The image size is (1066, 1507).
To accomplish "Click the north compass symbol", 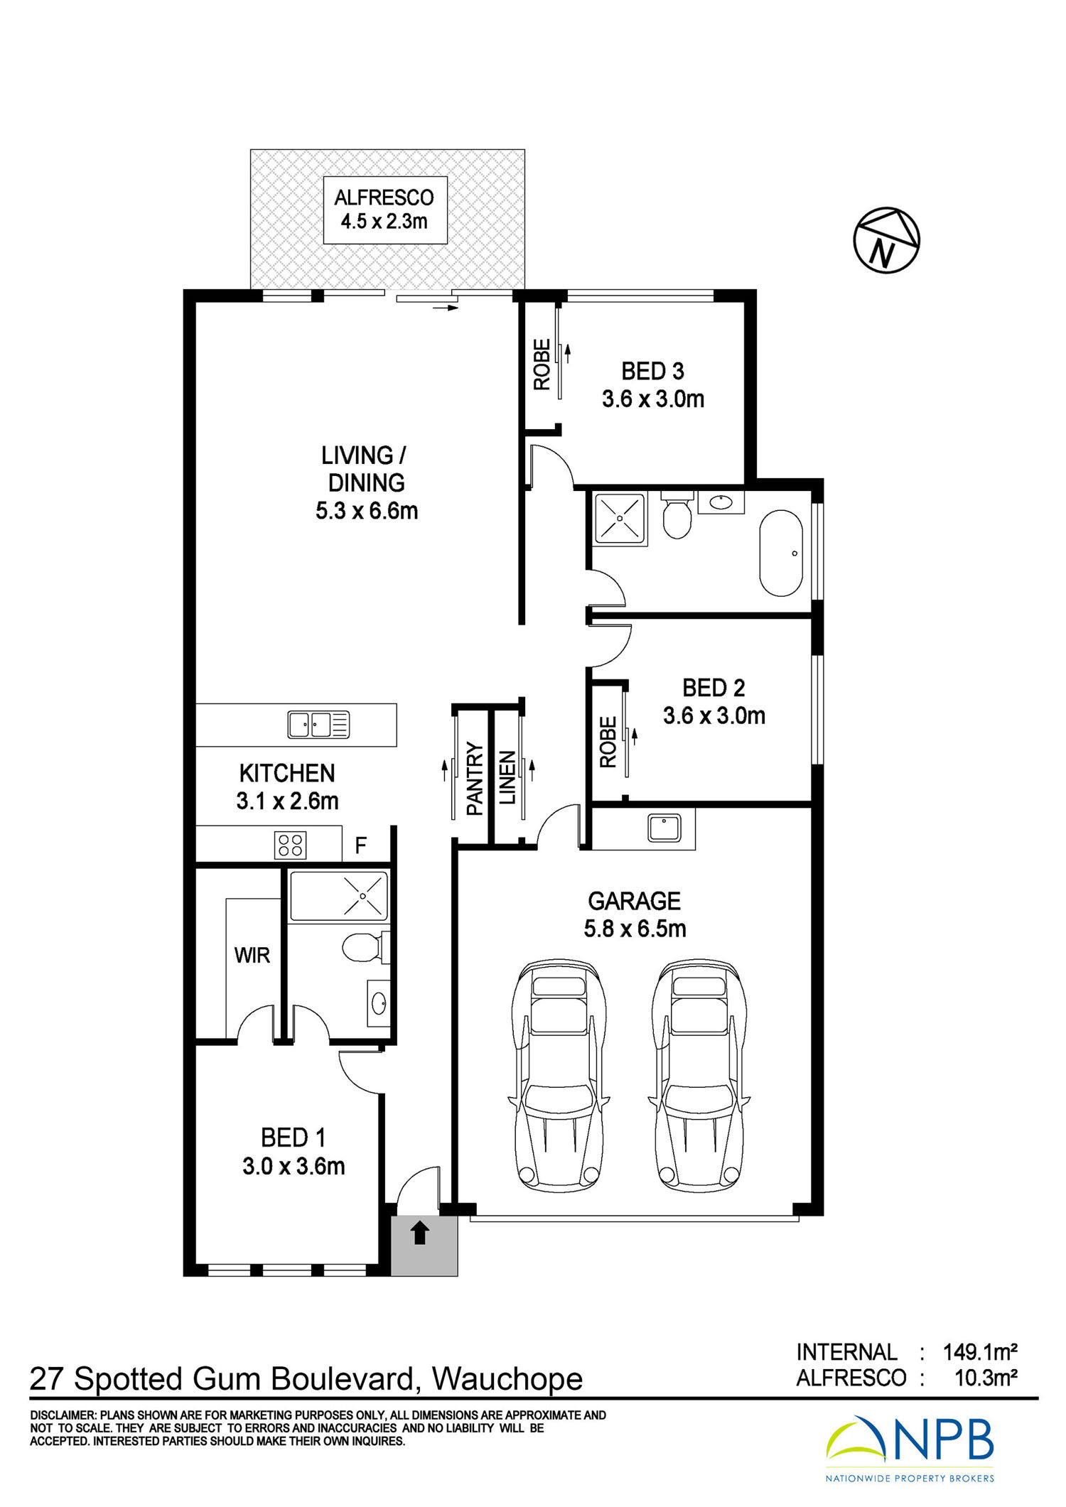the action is coord(886,240).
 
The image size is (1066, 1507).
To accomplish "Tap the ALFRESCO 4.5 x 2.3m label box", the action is coord(385,210).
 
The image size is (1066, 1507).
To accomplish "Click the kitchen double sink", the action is coord(318,725).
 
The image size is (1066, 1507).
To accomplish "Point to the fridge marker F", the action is coord(361,846).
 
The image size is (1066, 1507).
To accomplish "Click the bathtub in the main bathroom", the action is coord(781,553).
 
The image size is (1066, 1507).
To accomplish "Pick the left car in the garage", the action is coord(559,1076).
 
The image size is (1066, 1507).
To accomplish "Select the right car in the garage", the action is coord(699,1076).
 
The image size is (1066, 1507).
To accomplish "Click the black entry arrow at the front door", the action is coord(420,1232).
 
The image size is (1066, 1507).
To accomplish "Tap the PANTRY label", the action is coord(475,778).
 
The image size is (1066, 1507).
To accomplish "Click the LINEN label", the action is coord(507,778).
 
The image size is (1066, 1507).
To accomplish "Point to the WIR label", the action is coord(252,955).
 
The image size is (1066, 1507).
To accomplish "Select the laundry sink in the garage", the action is coord(664,828).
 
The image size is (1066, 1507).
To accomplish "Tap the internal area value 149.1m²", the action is coord(980,1351).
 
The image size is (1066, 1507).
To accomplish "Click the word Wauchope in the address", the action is coord(507,1380).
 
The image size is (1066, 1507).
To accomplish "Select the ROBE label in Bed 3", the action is coord(542,364).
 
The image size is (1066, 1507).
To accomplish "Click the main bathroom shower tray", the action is coord(620,519).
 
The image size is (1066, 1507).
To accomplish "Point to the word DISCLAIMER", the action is coord(63,1415).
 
